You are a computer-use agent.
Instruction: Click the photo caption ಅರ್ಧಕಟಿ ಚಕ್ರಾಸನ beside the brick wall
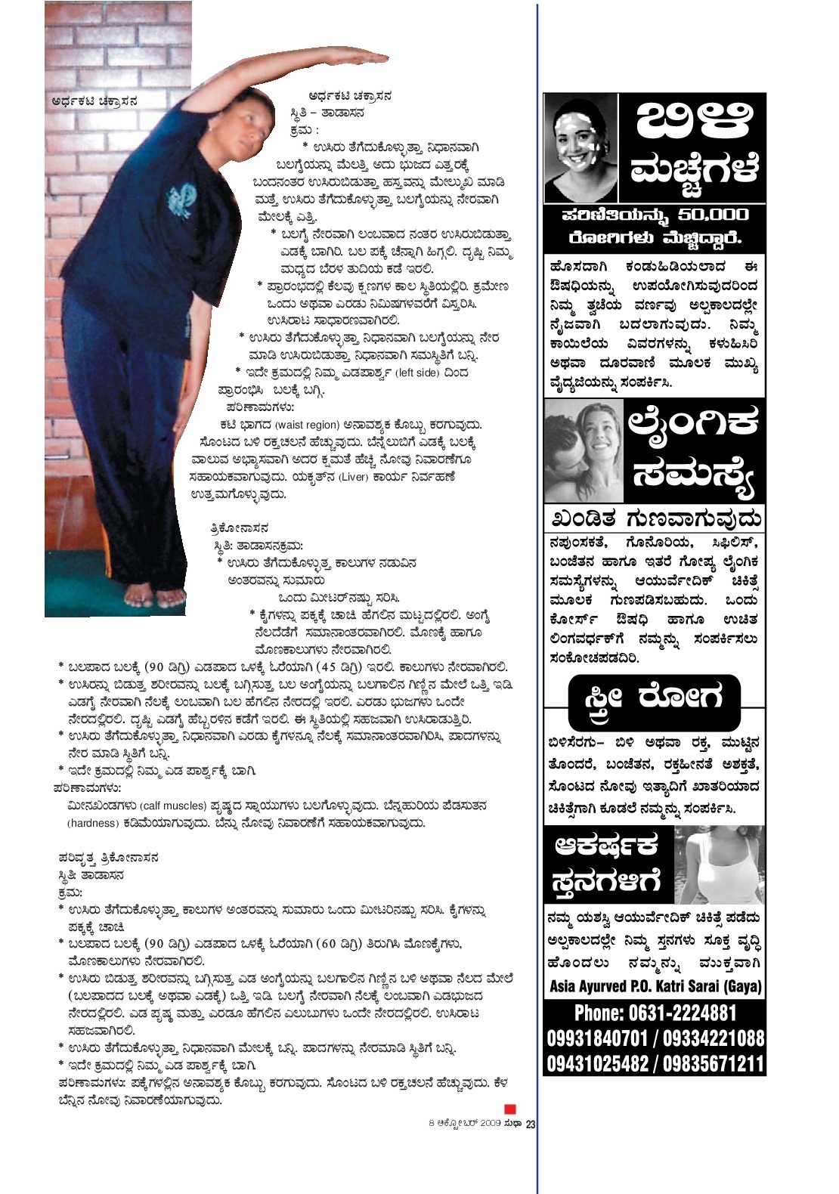pyautogui.click(x=94, y=101)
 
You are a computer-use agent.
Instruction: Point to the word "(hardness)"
pyautogui.click(x=93, y=823)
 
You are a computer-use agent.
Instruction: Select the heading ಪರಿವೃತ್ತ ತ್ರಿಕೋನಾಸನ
pyautogui.click(x=108, y=858)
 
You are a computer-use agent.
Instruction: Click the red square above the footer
pyautogui.click(x=510, y=1108)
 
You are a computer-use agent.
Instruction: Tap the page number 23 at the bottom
pyautogui.click(x=531, y=1124)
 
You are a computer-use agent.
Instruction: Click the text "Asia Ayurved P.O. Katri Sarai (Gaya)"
pyautogui.click(x=655, y=986)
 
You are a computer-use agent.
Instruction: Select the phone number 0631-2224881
pyautogui.click(x=655, y=1013)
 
